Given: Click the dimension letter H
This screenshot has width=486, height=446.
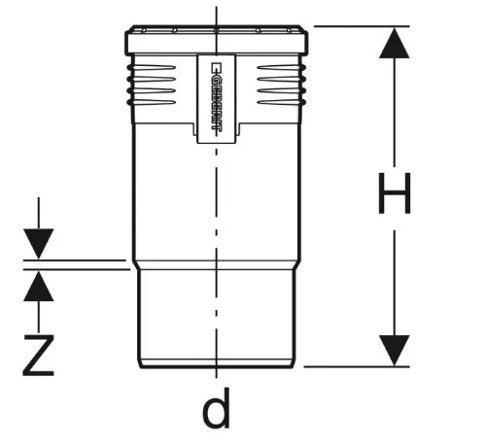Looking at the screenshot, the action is pos(395,193).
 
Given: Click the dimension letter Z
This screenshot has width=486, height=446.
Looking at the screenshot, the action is pos(38,356).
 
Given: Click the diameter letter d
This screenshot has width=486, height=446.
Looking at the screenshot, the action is pos(216,408).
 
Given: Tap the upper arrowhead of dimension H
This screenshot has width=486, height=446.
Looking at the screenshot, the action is pos(395,43).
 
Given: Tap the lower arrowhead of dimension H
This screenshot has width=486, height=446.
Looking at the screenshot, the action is pos(395,351).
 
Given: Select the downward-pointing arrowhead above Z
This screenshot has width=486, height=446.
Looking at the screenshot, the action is pos(39,244).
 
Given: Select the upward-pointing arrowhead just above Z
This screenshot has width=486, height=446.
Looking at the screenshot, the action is pos(39,286).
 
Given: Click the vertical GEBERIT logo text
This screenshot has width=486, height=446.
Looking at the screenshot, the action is pos(216,96).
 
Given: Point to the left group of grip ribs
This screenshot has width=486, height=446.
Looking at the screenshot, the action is pos(152,86).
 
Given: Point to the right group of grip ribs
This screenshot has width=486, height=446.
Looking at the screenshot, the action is pos(282,86).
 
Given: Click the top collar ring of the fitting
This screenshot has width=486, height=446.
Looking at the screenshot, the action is pos(217,40).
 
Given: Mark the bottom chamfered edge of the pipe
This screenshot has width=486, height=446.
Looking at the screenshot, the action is pos(217,363).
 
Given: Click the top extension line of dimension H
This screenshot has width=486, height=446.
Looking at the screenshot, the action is pos(362,26).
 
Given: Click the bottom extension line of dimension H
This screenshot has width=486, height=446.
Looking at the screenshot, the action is pos(357,367).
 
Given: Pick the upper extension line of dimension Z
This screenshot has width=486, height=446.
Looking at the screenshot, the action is pos(75,260).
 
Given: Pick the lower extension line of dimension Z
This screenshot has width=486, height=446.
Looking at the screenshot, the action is pos(77,269).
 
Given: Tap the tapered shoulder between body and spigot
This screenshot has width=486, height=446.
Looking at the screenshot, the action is pos(217,265).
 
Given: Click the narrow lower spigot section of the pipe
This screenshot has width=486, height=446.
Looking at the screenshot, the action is pos(217,314).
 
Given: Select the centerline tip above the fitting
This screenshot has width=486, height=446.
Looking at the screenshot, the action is pos(217,7).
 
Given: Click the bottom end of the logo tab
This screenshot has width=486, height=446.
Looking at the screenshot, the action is pos(217,142).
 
